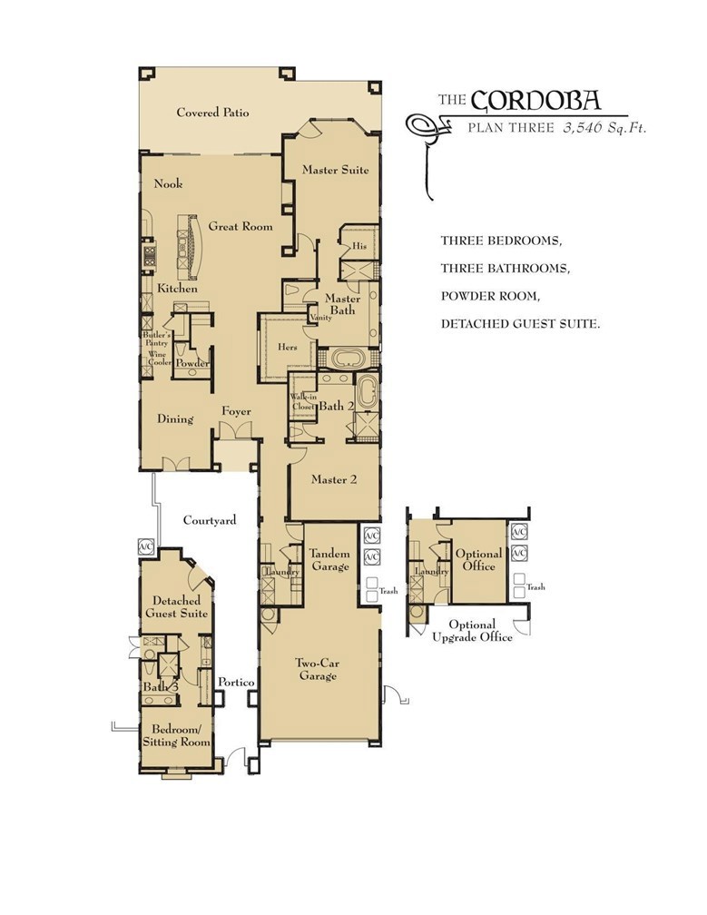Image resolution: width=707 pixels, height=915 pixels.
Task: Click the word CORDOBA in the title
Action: tap(536, 99)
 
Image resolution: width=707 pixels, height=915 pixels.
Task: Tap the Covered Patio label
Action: tap(212, 113)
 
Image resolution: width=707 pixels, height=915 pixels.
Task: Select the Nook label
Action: tap(168, 183)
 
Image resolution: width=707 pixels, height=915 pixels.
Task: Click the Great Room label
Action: tap(241, 226)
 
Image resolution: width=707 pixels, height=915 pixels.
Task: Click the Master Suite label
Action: tap(335, 169)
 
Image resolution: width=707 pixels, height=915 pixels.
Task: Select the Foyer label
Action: tap(236, 412)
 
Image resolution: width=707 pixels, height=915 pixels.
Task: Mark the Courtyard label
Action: tap(210, 520)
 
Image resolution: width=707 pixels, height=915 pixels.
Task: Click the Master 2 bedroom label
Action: tap(333, 479)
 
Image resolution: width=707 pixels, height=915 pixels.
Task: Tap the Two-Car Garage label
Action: tap(316, 669)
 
